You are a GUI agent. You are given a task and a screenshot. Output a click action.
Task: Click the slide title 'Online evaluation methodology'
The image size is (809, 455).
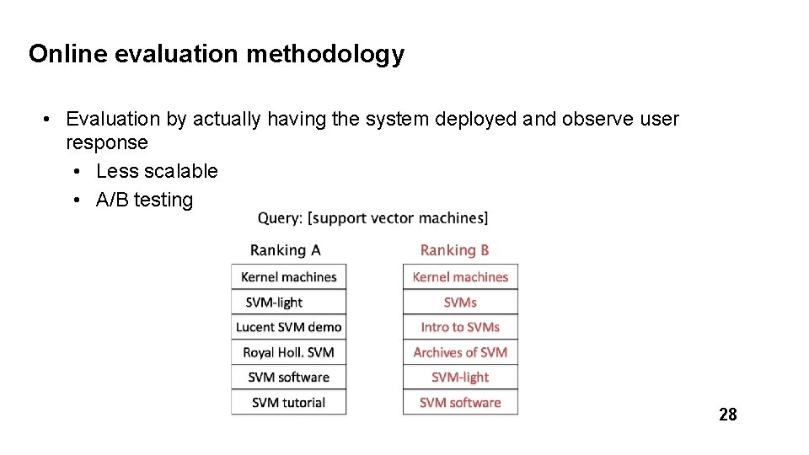217,55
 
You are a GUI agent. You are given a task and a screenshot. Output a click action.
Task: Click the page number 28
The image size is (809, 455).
727,414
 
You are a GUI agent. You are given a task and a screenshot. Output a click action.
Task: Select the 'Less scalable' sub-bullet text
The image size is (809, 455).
157,171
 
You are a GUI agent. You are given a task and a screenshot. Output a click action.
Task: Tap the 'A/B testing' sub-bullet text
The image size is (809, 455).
144,200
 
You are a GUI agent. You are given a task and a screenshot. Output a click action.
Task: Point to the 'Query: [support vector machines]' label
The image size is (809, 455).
372,218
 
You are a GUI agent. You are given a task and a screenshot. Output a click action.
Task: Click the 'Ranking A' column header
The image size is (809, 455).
286,250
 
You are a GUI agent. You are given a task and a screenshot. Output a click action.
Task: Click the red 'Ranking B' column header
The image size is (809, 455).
454,250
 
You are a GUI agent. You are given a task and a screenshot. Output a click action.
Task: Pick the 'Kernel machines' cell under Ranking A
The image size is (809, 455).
289,277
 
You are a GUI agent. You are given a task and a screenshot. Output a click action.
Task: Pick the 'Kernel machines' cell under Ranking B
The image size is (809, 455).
460,277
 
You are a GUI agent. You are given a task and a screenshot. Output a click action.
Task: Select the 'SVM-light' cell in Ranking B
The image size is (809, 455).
460,377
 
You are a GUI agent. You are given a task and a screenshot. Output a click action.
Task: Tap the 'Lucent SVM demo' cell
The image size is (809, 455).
289,327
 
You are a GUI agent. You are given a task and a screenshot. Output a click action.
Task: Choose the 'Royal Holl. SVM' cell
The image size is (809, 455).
289,352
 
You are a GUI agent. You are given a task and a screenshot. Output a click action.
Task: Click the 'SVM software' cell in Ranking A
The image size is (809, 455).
289,377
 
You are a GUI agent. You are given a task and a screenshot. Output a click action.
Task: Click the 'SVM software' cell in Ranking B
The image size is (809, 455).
460,403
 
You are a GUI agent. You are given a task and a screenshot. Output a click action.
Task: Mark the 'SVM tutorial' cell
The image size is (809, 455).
289,403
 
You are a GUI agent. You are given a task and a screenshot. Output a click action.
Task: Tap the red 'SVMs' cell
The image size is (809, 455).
460,302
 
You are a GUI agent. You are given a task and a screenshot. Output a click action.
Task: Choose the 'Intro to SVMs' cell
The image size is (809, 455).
460,327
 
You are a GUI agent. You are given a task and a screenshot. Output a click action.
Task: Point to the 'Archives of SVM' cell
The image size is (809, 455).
460,352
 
